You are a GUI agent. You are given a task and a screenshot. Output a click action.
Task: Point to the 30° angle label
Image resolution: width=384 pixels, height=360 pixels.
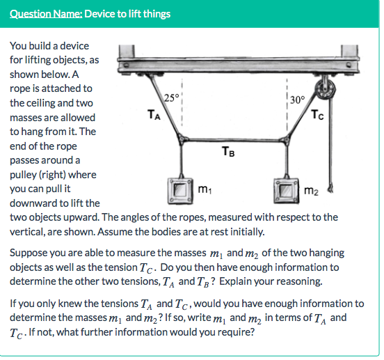tap(295, 99)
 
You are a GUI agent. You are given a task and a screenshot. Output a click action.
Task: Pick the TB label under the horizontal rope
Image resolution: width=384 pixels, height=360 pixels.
tap(227, 150)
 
